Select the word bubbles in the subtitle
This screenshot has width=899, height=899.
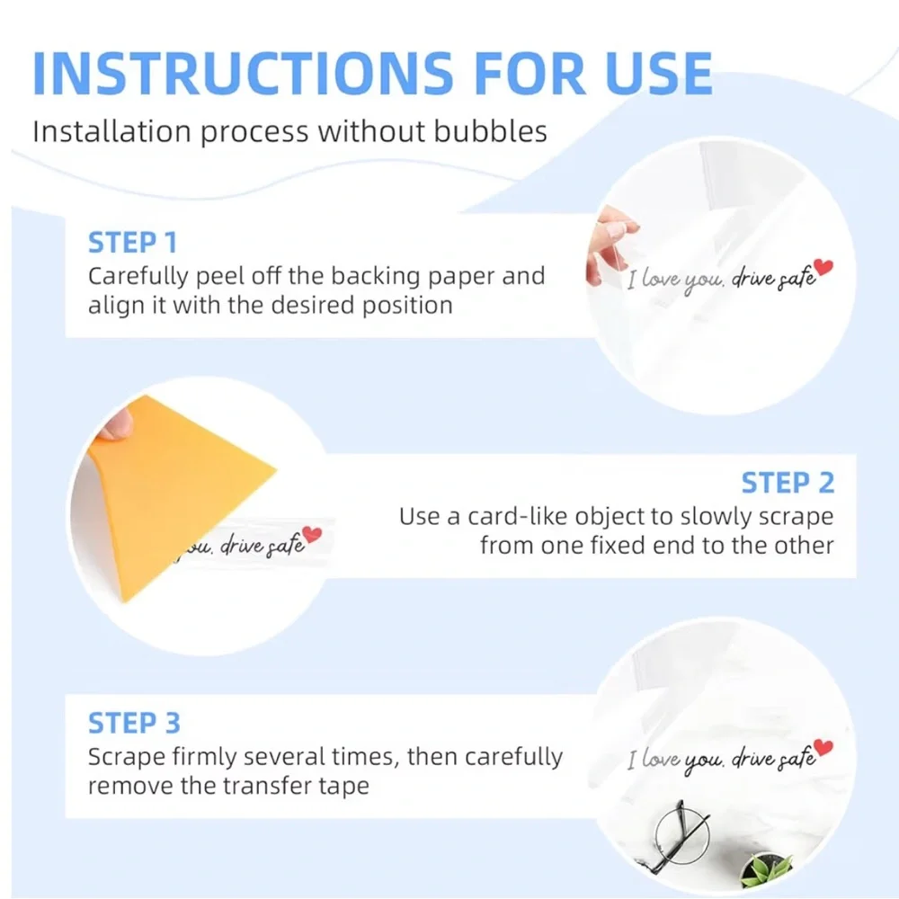point(490,131)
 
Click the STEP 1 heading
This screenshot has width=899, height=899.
point(132,243)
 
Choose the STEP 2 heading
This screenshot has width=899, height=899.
point(788,483)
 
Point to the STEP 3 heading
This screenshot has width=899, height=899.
point(134,723)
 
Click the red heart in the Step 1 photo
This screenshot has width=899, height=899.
point(823,267)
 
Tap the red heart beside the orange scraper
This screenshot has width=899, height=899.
point(312,534)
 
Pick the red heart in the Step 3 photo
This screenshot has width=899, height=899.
point(823,747)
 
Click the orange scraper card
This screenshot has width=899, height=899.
point(172,487)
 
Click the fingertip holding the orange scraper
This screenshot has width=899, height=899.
point(115,424)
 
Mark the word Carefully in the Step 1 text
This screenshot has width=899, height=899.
point(138,277)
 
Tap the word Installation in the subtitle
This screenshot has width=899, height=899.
point(111,131)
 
